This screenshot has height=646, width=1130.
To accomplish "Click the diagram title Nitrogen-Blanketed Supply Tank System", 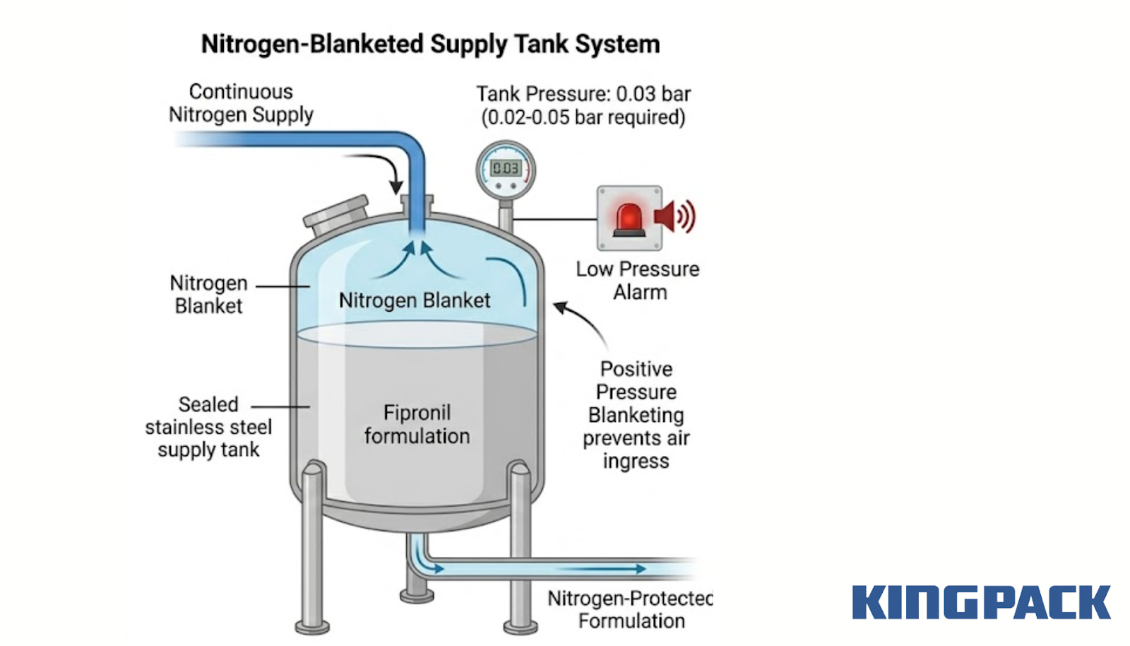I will [x=430, y=44].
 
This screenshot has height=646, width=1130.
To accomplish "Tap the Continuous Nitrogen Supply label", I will [x=241, y=103].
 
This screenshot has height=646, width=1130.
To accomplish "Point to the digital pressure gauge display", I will [x=506, y=168].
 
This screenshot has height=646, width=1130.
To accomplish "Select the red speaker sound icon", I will [x=674, y=216].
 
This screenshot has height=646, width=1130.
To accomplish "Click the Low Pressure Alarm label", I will [x=638, y=281].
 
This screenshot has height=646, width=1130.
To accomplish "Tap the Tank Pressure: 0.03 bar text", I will [x=583, y=94].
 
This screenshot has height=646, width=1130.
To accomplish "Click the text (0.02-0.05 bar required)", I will [x=583, y=117].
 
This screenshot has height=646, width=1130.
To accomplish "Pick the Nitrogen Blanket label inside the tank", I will [x=415, y=300].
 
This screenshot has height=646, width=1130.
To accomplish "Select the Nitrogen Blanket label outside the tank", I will [x=208, y=295].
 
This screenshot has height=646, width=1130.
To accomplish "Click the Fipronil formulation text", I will [x=417, y=424].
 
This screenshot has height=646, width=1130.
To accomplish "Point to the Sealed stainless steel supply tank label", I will [x=208, y=427].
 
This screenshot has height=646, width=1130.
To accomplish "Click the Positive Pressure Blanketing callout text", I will [x=636, y=415].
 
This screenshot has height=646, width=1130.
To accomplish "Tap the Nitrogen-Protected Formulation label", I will [x=631, y=609].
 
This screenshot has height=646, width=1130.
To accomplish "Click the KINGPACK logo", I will [x=981, y=603].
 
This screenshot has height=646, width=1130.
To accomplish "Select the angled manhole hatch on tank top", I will [x=336, y=216].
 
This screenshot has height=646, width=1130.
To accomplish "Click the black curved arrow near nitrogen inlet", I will [x=381, y=170].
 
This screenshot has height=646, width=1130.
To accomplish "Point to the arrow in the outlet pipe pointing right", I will [x=607, y=568].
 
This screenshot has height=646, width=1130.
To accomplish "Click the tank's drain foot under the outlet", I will [x=417, y=594].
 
